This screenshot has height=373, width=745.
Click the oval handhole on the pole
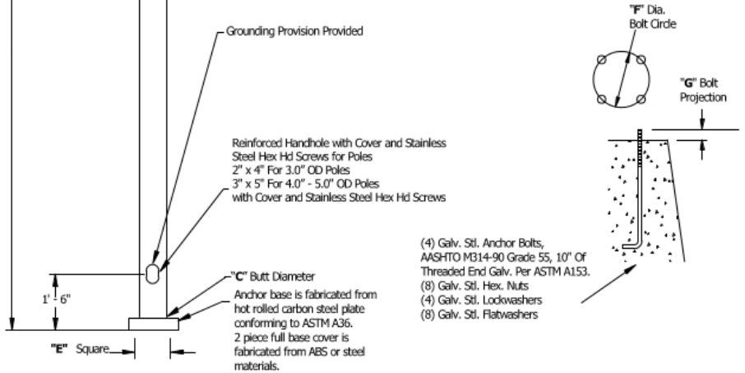pyautogui.click(x=154, y=273)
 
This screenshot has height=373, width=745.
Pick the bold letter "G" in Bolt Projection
pyautogui.click(x=684, y=83)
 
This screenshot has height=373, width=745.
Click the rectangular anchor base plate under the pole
pyautogui.click(x=154, y=324)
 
